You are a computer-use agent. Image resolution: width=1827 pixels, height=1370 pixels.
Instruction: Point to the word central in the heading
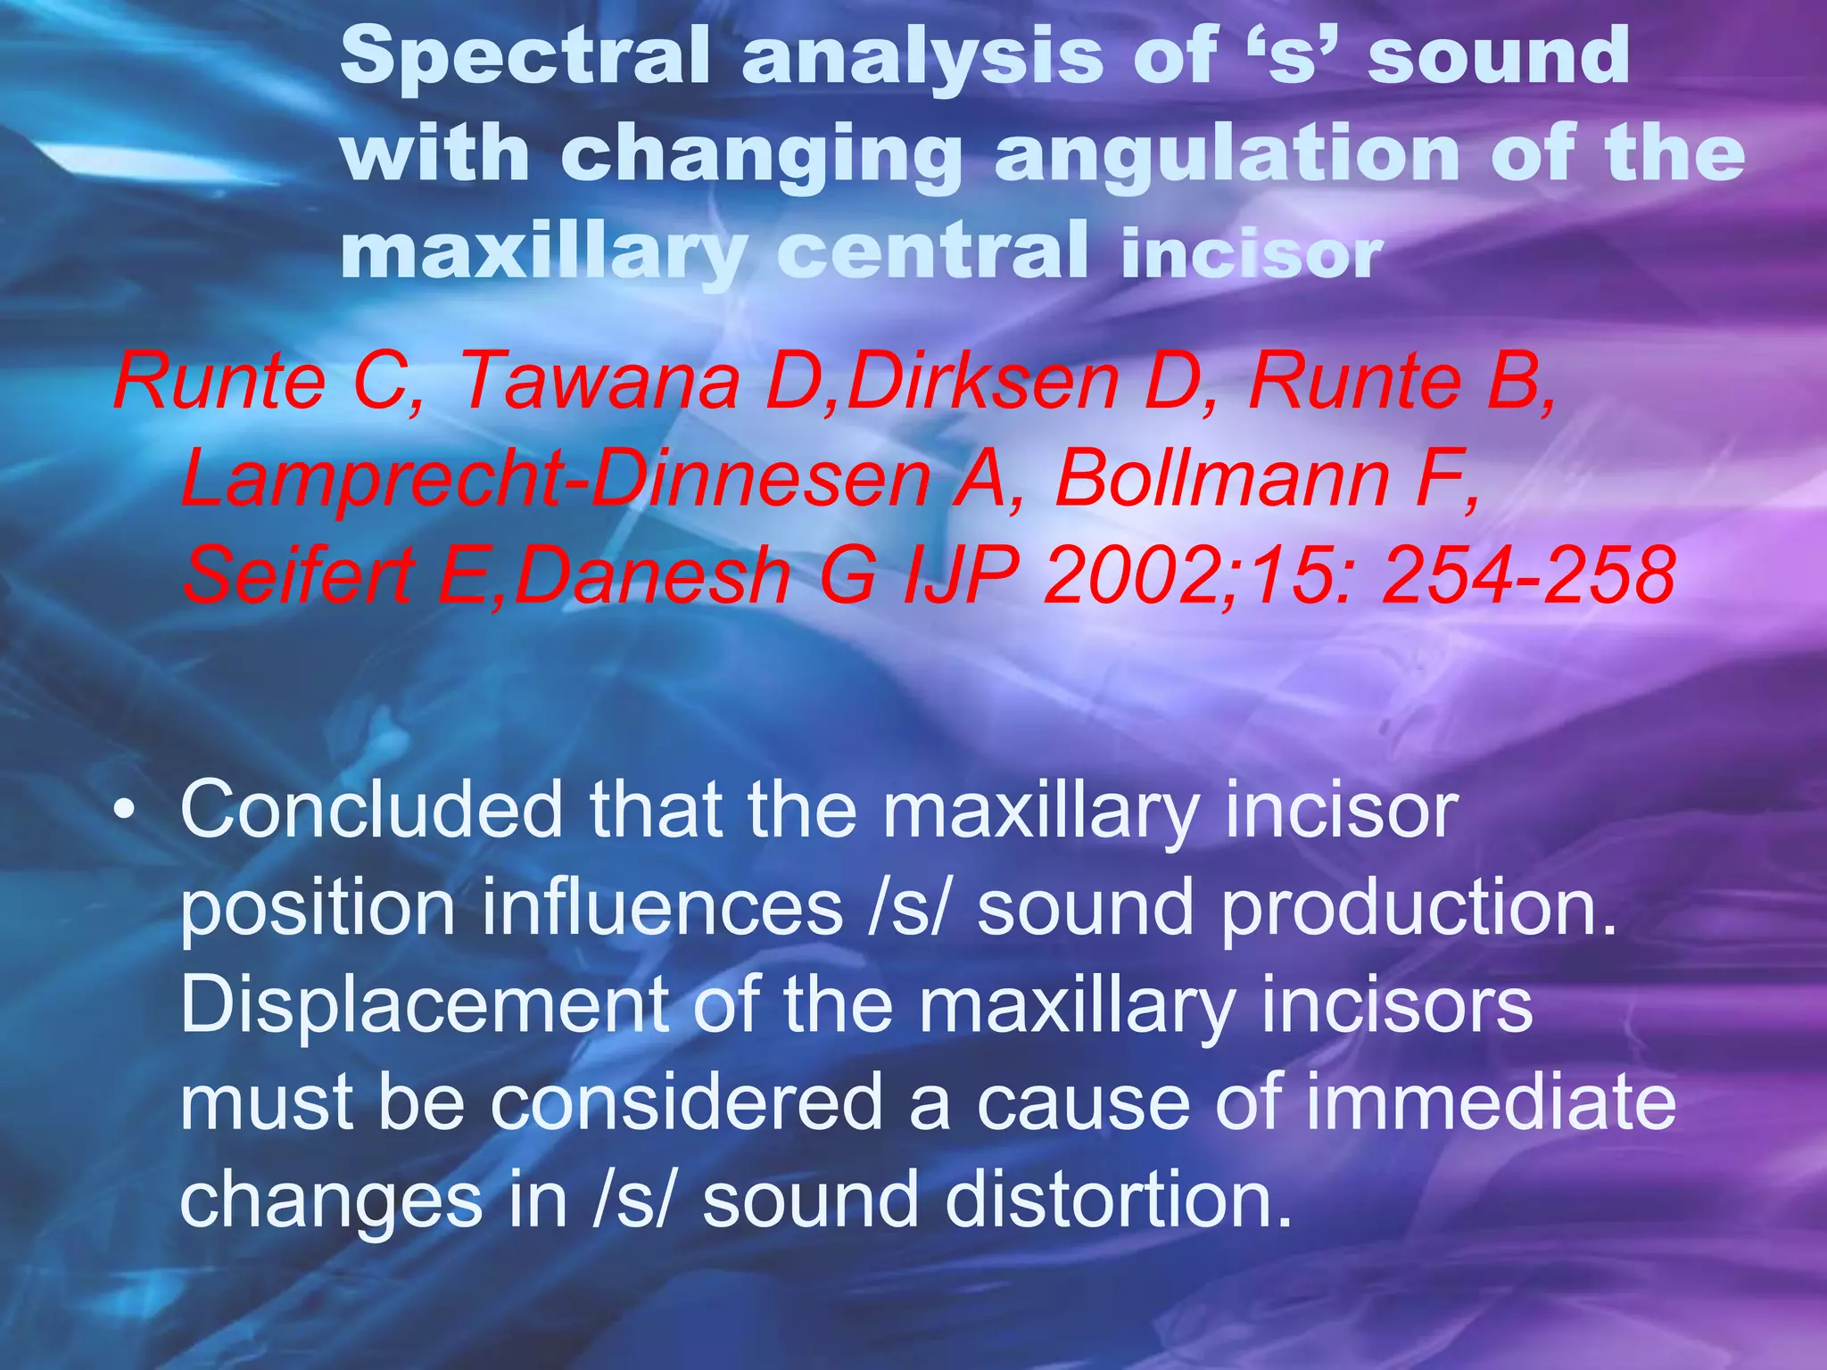coord(932,252)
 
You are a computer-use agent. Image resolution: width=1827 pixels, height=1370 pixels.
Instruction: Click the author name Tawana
coord(599,382)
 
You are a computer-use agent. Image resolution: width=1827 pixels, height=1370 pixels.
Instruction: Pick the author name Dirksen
coord(982,382)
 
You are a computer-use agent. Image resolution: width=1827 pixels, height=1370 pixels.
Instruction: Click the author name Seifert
coord(298,575)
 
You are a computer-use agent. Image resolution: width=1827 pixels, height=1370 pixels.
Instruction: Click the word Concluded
coord(371,810)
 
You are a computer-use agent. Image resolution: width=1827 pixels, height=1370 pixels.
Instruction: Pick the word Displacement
coord(425,1004)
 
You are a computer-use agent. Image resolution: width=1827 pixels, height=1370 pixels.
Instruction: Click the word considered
coord(687,1102)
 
